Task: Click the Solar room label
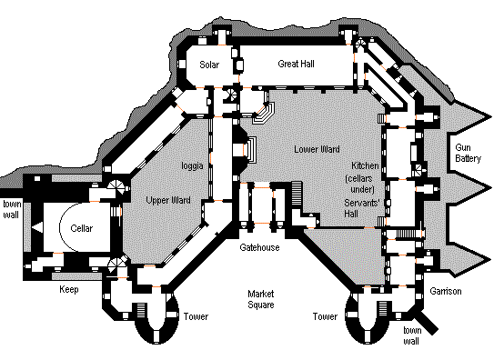tap(209, 65)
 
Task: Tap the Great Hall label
tap(296, 64)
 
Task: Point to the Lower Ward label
tap(317, 149)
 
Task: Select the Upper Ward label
tap(168, 200)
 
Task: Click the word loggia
tap(192, 165)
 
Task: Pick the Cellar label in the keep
tap(82, 228)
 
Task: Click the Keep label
tap(69, 290)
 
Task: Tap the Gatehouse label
tap(259, 247)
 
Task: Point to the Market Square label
tap(261, 299)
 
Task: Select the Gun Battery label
tap(468, 153)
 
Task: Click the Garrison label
tap(446, 291)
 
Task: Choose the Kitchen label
tap(365, 165)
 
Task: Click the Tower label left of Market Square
tap(197, 316)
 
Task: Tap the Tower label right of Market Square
tap(325, 316)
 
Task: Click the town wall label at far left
tap(12, 209)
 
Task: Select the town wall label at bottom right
tap(412, 335)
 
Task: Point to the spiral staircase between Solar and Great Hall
tap(231, 95)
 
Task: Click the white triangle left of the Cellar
tap(37, 227)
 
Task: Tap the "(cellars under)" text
tap(359, 184)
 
